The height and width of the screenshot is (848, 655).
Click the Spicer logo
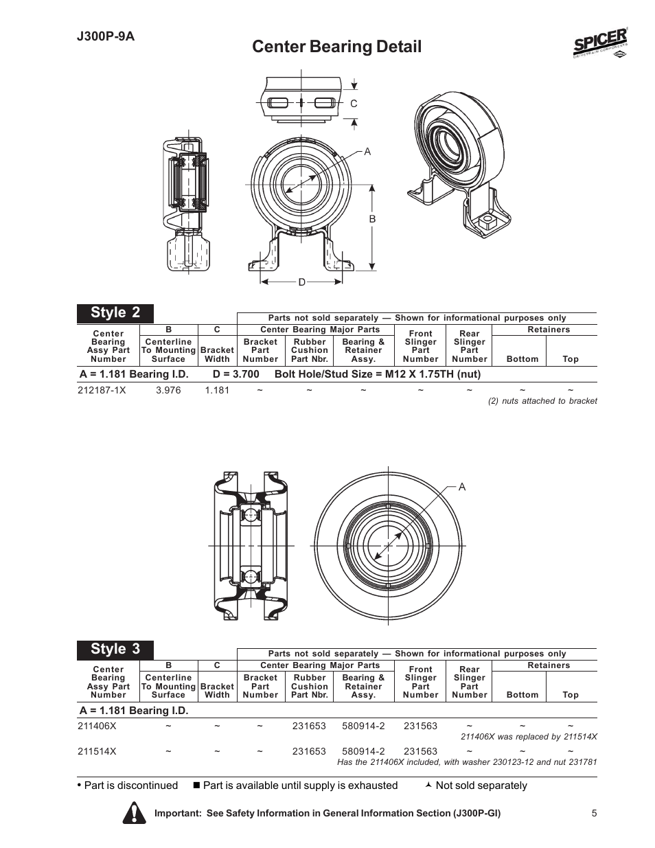point(599,45)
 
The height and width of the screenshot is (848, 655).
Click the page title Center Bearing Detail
point(336,47)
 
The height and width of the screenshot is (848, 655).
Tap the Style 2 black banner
point(115,313)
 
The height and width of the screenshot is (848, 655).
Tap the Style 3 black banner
point(115,649)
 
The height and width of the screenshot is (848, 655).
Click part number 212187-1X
point(102,390)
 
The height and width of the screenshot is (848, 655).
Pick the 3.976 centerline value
point(168,390)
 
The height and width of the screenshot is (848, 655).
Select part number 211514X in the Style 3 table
point(97,751)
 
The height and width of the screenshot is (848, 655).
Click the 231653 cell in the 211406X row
point(309,726)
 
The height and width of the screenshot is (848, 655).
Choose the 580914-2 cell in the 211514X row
point(363,751)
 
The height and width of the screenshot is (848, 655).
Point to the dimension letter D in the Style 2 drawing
point(301,282)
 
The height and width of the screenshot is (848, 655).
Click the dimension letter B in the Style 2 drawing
point(373,219)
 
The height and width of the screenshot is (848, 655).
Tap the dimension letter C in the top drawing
point(354,104)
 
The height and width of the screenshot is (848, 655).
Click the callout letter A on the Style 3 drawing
point(462,487)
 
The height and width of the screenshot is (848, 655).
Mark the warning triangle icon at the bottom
point(135,812)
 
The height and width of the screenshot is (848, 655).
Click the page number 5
point(594,813)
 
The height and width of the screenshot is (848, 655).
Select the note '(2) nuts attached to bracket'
point(542,401)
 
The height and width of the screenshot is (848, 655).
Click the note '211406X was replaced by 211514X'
point(529,737)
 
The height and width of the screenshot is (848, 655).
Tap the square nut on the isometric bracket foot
point(490,221)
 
